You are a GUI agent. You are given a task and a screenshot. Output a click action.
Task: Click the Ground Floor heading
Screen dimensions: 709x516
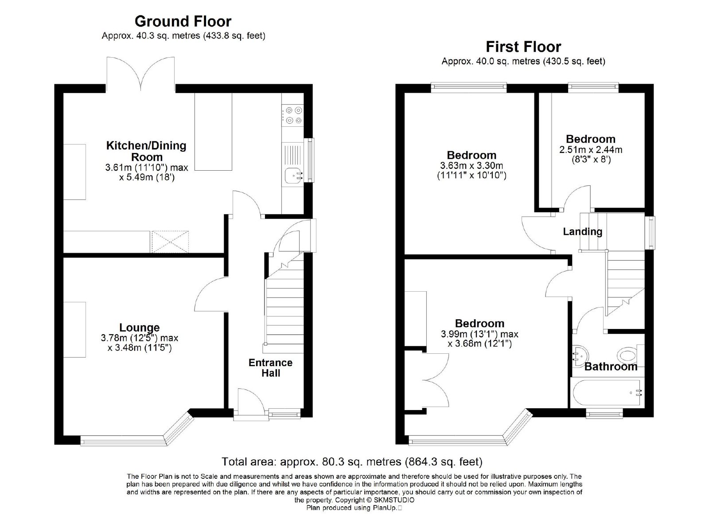(x=183, y=22)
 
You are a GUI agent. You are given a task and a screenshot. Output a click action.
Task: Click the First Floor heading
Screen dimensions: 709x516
(x=523, y=47)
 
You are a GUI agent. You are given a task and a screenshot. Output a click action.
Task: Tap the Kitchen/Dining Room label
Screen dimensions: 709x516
(x=146, y=151)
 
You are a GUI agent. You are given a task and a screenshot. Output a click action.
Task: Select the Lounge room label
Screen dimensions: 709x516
(x=139, y=328)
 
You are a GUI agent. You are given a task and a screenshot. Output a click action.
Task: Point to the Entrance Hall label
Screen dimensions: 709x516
(x=271, y=367)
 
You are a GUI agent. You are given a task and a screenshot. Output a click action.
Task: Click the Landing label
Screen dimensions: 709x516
(x=582, y=231)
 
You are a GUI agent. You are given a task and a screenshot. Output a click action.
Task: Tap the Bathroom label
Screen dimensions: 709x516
(x=611, y=367)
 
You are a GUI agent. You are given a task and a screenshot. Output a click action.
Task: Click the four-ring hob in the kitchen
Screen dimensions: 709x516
(x=293, y=115)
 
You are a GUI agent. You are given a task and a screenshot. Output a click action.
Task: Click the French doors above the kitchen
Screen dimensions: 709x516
(x=140, y=74)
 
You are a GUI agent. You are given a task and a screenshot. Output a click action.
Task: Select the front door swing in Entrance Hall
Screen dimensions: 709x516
(x=250, y=401)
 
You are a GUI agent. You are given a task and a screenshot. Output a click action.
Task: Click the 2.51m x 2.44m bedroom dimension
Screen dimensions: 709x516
(x=591, y=154)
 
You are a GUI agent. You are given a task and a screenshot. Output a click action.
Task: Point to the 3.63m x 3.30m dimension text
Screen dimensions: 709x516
(x=471, y=170)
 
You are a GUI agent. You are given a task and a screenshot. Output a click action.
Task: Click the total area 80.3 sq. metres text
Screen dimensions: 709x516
(x=352, y=462)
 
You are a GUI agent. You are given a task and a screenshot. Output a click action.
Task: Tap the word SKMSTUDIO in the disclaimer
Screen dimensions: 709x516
(x=394, y=500)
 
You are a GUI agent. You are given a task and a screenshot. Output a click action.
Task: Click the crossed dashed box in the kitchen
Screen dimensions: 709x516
(x=170, y=242)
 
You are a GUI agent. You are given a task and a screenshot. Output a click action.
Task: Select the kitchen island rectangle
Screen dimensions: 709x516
(x=213, y=132)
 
